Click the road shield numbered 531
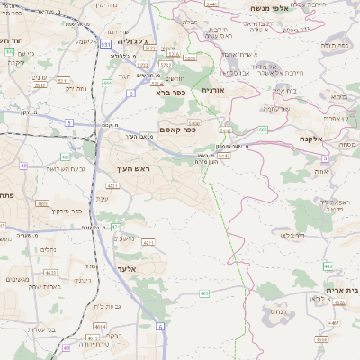(106, 42)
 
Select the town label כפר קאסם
(177, 130)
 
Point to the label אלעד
(127, 268)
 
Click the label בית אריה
(339, 291)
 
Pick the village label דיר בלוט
(293, 235)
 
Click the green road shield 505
(263, 130)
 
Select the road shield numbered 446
(328, 266)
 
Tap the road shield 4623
(50, 272)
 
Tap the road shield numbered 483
(204, 292)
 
